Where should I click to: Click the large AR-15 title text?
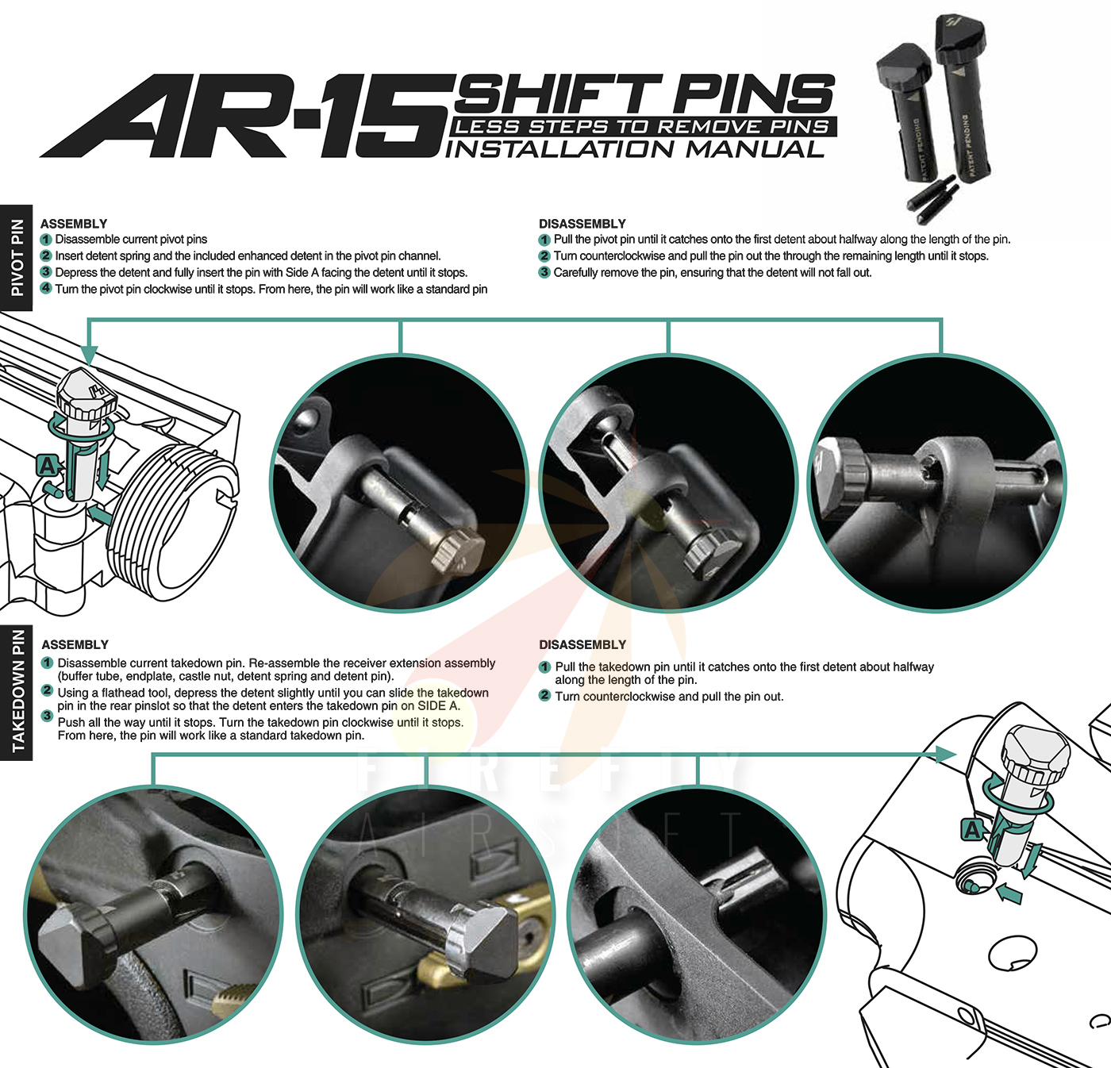pyautogui.click(x=246, y=117)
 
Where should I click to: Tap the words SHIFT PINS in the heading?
pyautogui.click(x=643, y=94)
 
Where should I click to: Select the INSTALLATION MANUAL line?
pyautogui.click(x=635, y=149)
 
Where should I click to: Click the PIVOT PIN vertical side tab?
pyautogui.click(x=17, y=258)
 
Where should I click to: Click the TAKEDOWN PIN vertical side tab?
pyautogui.click(x=17, y=691)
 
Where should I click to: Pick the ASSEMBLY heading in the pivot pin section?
pyautogui.click(x=74, y=224)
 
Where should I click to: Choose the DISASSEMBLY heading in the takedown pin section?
pyautogui.click(x=582, y=645)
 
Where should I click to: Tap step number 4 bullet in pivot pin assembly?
pyautogui.click(x=46, y=289)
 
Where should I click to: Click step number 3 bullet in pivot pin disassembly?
pyautogui.click(x=544, y=272)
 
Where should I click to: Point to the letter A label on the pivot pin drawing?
pyautogui.click(x=48, y=466)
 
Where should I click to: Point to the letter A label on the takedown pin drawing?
pyautogui.click(x=972, y=830)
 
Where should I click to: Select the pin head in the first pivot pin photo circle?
pyautogui.click(x=458, y=549)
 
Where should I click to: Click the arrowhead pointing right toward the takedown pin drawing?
pyautogui.click(x=946, y=754)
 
